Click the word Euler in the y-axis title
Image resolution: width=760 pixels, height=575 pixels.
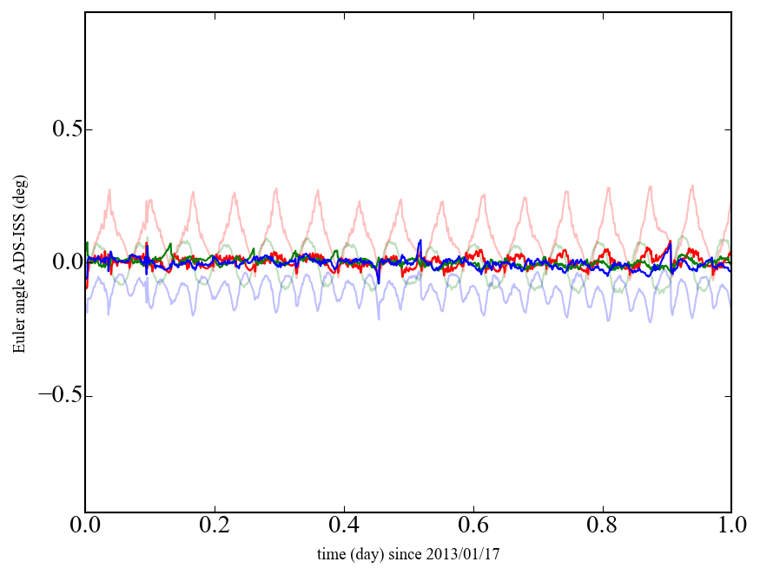[x=18, y=337]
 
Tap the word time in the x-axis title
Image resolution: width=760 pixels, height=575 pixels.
[x=332, y=553]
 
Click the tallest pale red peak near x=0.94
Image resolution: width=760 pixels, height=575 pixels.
[x=692, y=186]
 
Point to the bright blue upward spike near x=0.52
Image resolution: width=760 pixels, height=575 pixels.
[x=420, y=241]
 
